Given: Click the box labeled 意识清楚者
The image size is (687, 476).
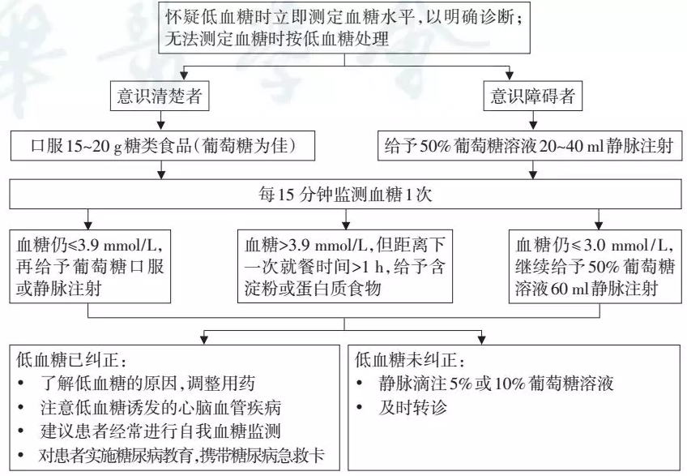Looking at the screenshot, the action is click(160, 96).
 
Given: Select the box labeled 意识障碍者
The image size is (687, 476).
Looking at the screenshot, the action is click(533, 96).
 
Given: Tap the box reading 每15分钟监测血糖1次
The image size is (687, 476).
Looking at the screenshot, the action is click(345, 194).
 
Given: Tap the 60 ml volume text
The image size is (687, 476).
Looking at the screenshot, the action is click(565, 288).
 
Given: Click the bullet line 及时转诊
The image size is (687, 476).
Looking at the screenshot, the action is click(412, 408).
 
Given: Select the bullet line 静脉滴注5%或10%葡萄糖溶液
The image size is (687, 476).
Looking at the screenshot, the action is click(496, 384).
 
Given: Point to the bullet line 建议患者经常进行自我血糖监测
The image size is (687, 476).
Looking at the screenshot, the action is click(160, 431).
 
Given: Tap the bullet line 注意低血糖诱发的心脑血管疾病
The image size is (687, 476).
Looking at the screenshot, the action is click(160, 408).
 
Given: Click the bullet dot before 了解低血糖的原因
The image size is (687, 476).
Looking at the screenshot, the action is click(21, 384).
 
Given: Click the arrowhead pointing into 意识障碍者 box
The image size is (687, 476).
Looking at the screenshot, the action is click(509, 75).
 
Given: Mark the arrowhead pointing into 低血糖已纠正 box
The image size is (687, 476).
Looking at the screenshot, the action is click(203, 339).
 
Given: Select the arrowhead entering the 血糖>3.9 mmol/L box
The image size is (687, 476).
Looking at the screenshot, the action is click(346, 225).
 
